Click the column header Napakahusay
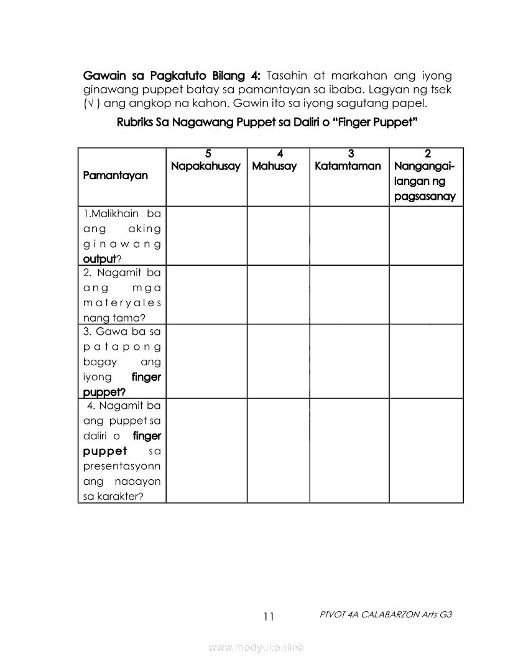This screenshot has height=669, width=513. point(206,167)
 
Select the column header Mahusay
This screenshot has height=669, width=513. point(274,167)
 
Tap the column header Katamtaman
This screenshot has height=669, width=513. point(348,167)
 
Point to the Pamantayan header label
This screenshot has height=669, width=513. point(115,175)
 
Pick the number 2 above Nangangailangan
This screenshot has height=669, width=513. point(427,154)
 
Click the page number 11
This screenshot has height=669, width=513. point(269,617)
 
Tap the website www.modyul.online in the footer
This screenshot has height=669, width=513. point(256,648)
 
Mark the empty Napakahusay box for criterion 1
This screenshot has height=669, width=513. point(206,236)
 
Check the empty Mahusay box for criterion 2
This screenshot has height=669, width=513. point(278,294)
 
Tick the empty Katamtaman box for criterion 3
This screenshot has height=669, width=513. point(349,361)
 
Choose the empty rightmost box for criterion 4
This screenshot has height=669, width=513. point(426,450)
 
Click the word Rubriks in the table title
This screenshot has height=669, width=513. point(136,123)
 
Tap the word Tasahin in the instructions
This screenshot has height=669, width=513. point(288,76)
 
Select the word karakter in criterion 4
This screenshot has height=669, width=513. point(122,496)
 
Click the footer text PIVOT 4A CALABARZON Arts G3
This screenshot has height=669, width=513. point(386,614)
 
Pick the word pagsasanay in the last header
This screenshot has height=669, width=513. point(425,197)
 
